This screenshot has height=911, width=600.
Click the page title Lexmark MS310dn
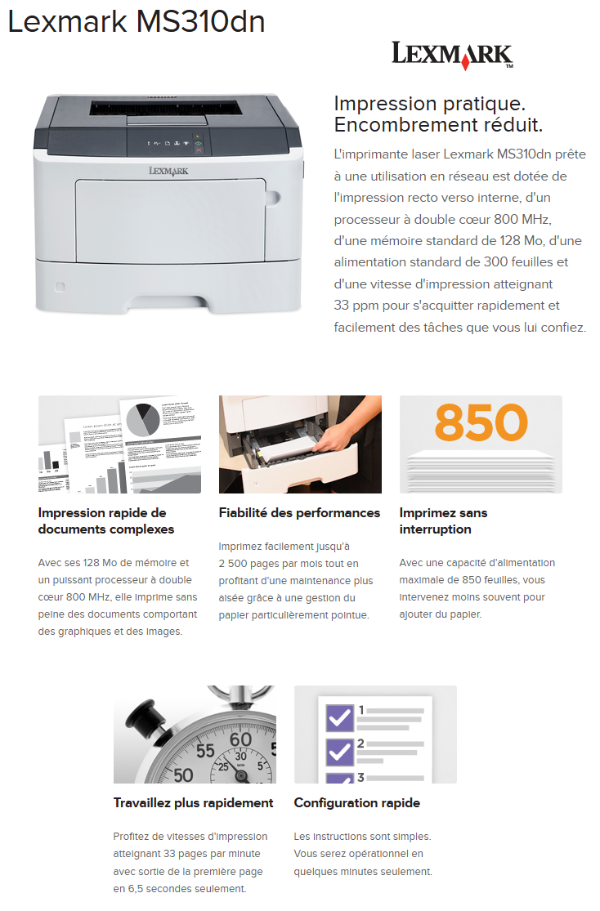point(137,22)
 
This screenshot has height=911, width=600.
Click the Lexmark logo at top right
point(452,55)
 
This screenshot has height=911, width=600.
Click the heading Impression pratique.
point(429,104)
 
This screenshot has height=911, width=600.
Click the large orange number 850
point(481,422)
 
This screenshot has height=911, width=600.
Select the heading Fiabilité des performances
point(299,513)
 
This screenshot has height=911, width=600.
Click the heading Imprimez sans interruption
point(443,520)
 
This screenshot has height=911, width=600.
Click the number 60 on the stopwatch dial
point(241,740)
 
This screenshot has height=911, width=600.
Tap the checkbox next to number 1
point(339,717)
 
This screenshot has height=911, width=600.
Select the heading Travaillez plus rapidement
point(193,802)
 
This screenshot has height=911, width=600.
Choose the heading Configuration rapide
point(356,802)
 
